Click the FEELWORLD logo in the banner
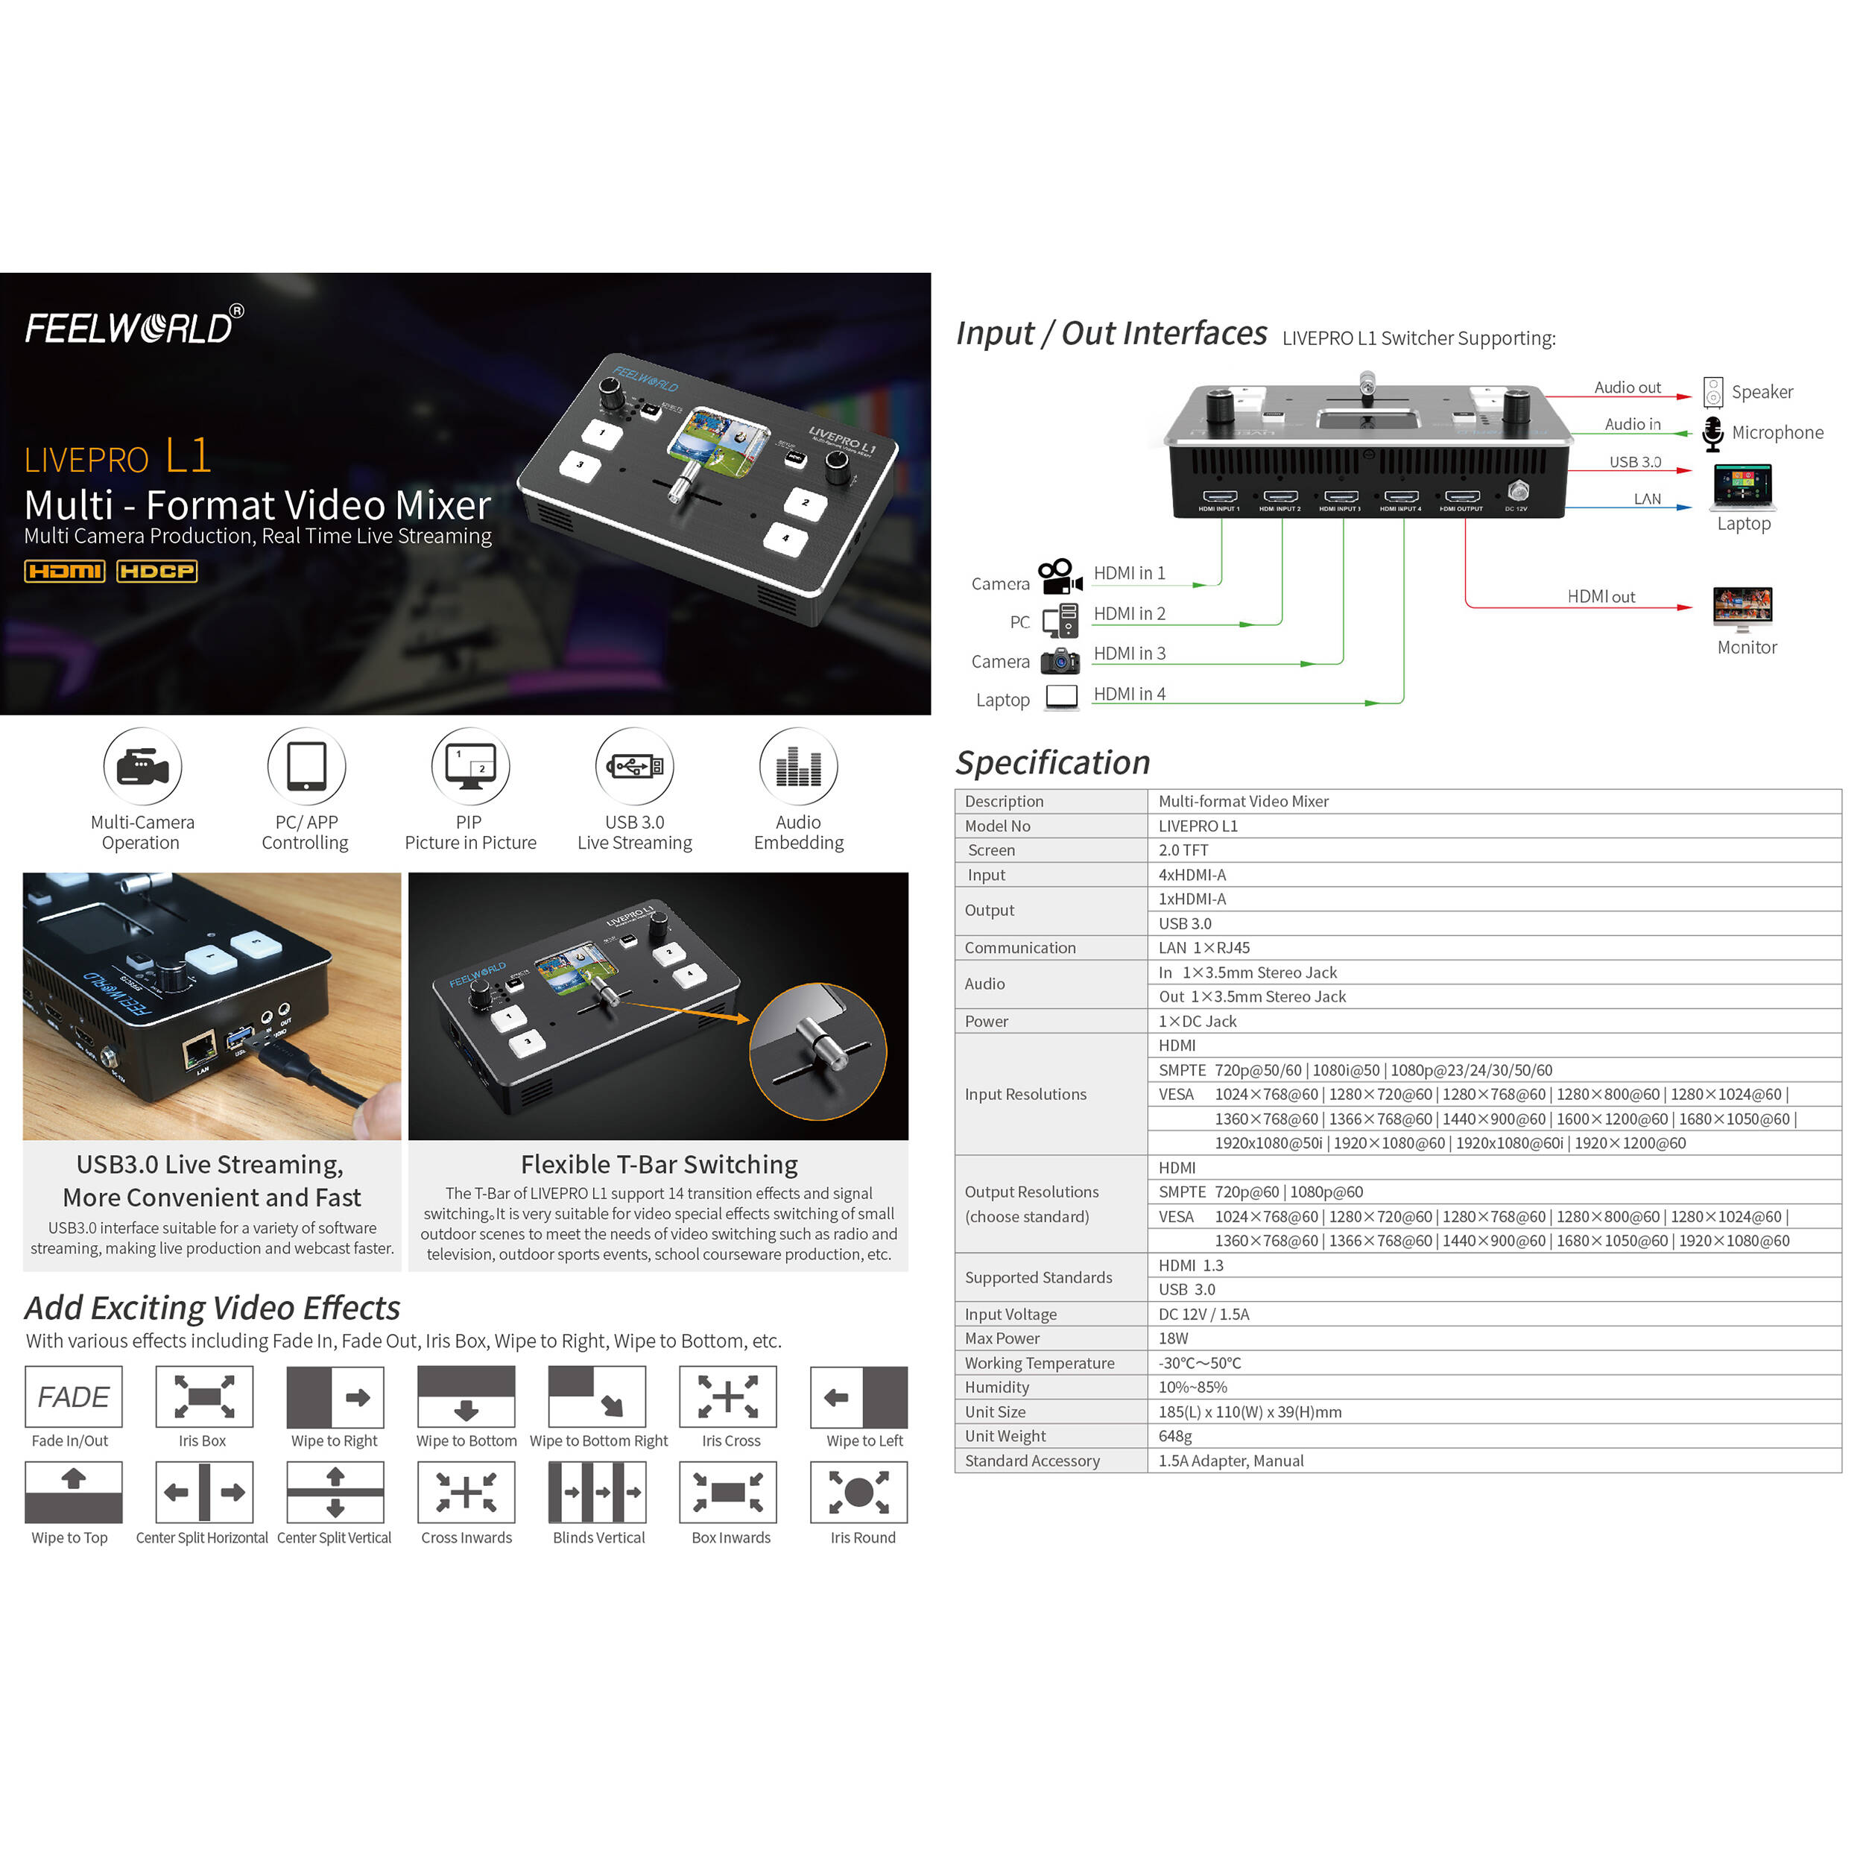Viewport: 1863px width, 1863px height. point(134,327)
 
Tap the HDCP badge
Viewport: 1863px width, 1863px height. point(157,571)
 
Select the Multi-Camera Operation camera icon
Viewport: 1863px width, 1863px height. point(143,767)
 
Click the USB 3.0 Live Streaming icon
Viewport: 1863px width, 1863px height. point(634,767)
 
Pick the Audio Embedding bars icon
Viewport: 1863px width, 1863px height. point(798,767)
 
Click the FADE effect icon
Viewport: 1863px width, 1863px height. point(73,1397)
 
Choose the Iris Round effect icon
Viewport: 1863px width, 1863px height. point(858,1492)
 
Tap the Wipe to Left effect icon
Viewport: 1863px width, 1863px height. point(858,1397)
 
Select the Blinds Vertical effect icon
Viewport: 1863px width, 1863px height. point(597,1492)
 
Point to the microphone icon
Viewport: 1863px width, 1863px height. point(1712,433)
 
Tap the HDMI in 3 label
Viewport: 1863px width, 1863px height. point(1129,654)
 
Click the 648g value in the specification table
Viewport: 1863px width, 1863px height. point(1174,1436)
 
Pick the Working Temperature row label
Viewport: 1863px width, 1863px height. point(1040,1362)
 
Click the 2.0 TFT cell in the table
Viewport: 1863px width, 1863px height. point(1183,850)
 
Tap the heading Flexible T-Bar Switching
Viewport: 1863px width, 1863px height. point(659,1164)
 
